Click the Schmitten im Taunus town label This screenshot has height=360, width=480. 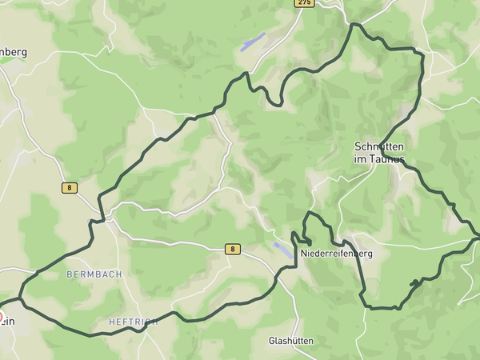(379, 153)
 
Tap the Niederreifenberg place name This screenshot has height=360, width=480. (337, 254)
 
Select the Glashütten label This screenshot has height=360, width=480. (290, 341)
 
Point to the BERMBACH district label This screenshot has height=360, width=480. (94, 274)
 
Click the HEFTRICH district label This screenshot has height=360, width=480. (133, 322)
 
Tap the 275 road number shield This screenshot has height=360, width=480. (304, 3)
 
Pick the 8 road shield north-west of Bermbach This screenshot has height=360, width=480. (70, 188)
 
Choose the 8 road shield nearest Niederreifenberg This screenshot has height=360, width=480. (232, 249)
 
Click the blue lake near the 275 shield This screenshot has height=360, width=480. (252, 42)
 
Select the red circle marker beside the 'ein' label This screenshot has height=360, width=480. (2, 305)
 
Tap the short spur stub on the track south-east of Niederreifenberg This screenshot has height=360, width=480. (414, 282)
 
